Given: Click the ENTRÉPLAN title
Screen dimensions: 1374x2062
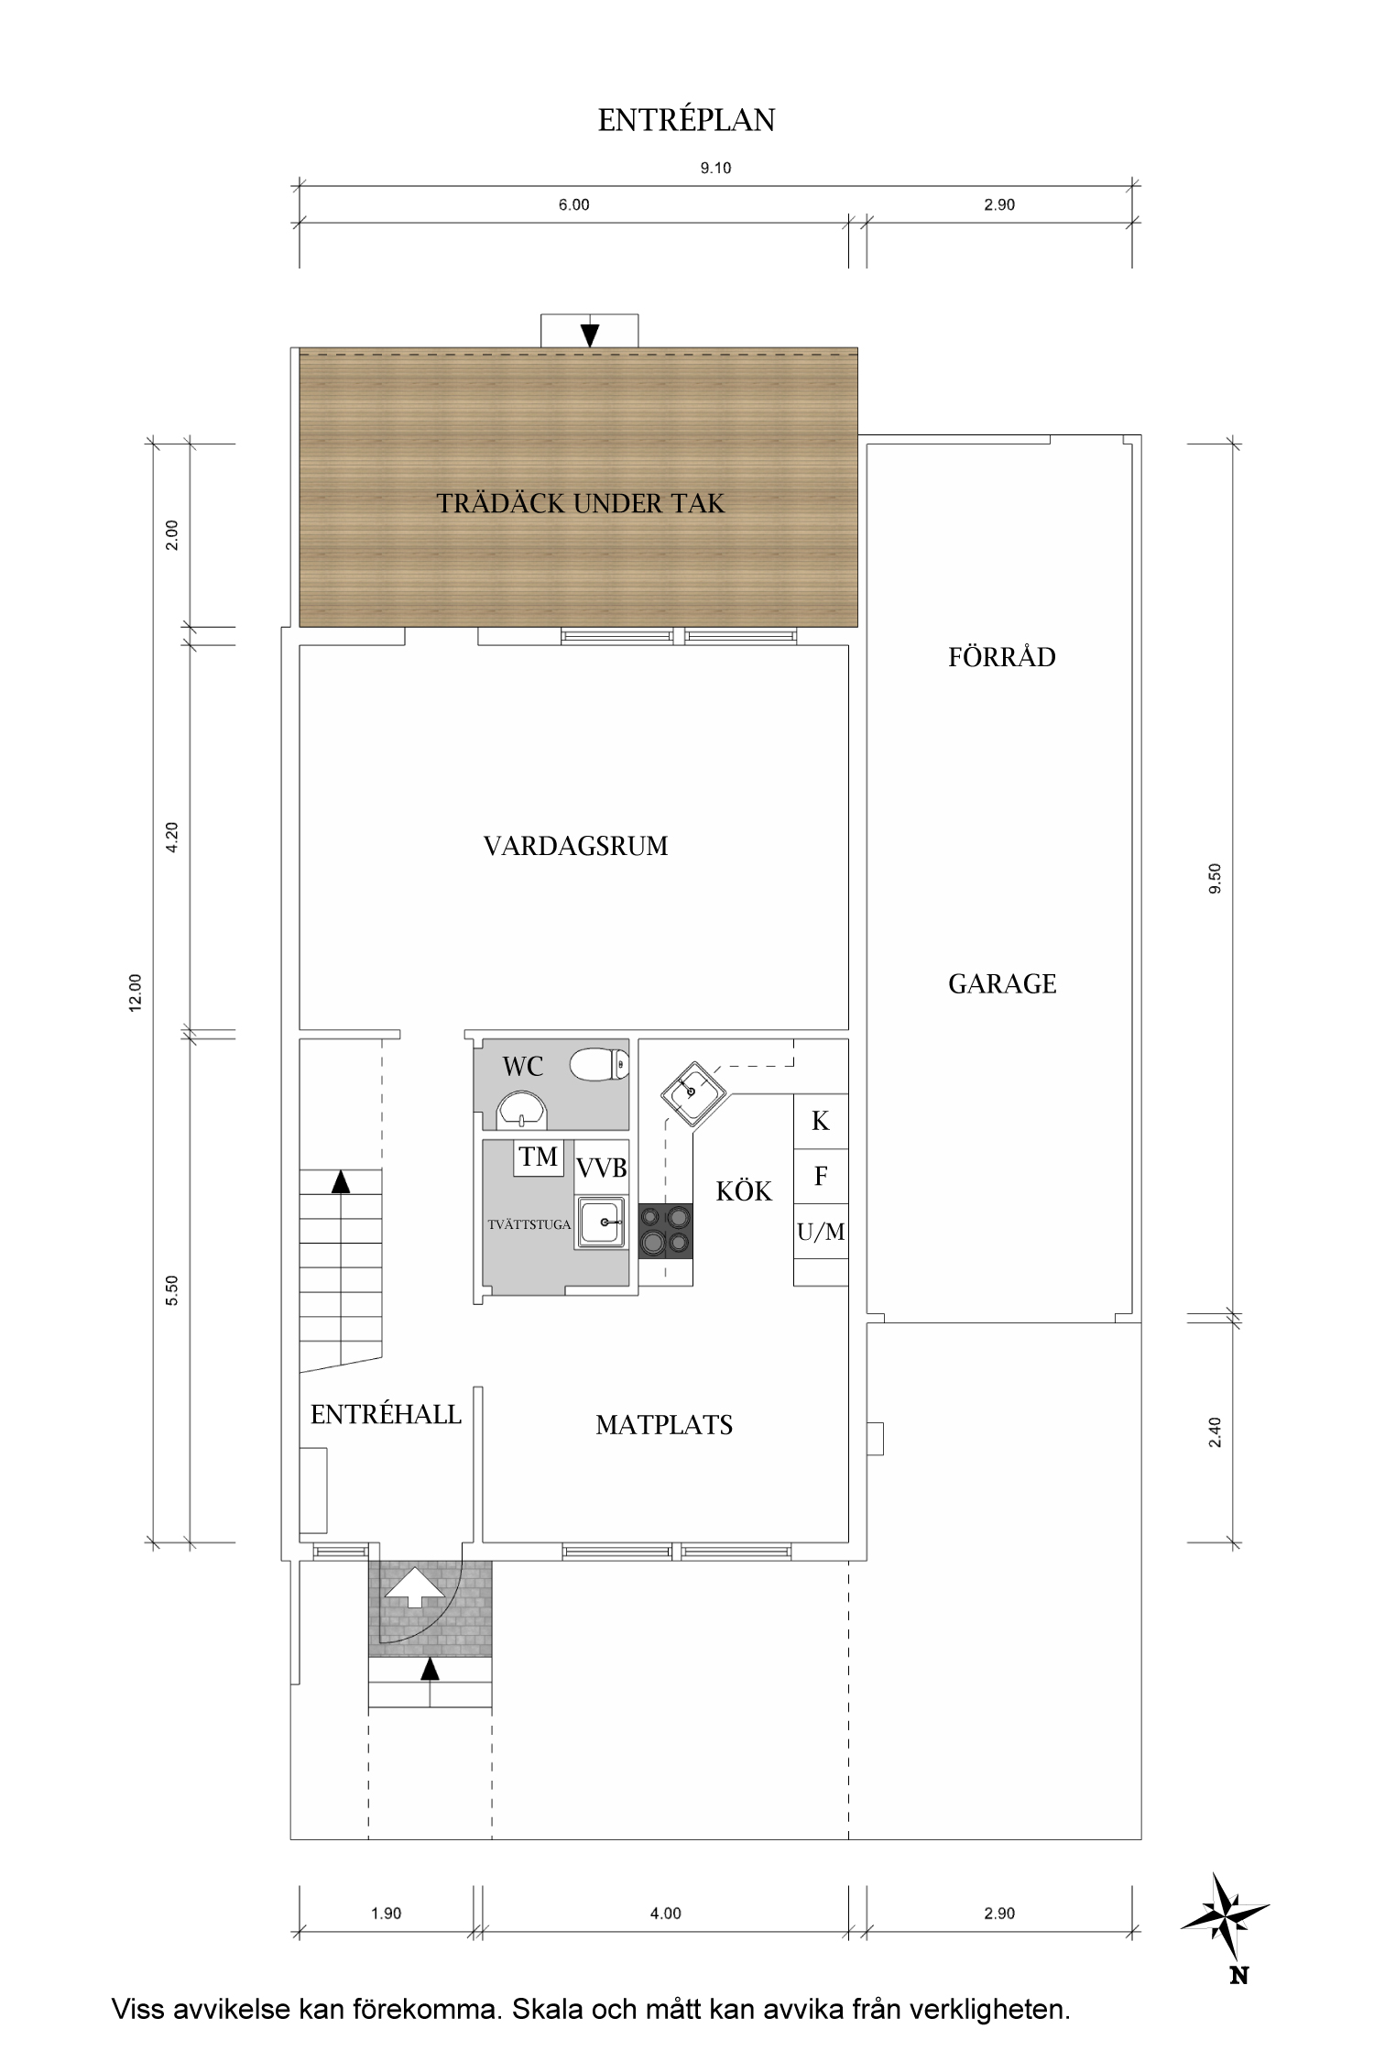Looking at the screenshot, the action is pos(686,120).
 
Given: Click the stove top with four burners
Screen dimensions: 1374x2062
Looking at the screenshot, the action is pos(665,1231).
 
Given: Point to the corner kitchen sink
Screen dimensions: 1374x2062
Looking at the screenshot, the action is pos(693,1091).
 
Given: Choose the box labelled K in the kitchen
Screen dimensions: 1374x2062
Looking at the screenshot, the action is pos(821,1121).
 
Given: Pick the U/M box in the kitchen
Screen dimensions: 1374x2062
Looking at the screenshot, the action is pos(821,1232).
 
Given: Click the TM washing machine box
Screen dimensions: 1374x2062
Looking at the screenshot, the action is pos(539,1157).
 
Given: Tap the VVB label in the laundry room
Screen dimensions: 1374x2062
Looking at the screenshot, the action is pos(602,1168).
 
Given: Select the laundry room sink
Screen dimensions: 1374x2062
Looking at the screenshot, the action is pos(601,1223).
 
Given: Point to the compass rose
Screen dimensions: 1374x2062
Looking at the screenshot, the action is pos(1225,1917).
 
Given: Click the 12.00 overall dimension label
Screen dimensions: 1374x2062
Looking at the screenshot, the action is pos(136,992).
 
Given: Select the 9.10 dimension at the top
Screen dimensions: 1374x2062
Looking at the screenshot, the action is pos(715,168).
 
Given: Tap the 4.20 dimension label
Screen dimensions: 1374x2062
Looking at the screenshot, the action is pos(171,838).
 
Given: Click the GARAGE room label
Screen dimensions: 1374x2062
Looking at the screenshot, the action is pos(1002,984).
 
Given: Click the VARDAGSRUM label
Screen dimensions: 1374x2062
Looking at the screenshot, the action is pos(575,845).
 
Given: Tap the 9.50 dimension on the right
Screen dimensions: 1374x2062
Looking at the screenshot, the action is pos(1216,878).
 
